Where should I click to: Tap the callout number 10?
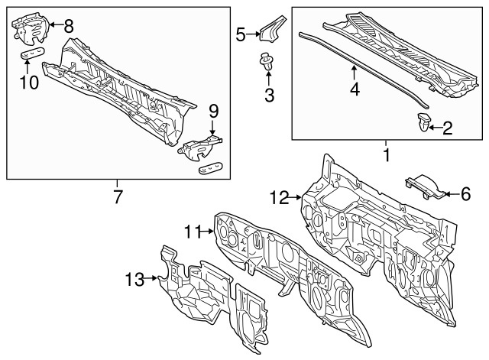tap(28, 81)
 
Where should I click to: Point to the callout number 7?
tap(118, 196)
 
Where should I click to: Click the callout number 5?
tap(240, 34)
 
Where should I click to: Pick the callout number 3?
tap(267, 95)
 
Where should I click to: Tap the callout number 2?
tap(448, 128)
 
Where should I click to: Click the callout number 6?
tap(465, 195)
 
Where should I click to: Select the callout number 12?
tap(279, 198)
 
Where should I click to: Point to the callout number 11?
tap(191, 231)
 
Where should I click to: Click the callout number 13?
tap(134, 281)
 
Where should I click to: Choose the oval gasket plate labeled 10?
tap(31, 55)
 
